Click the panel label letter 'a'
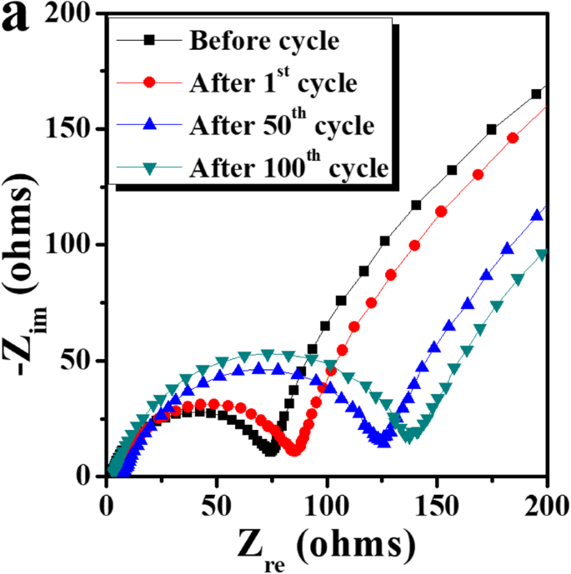click(x=18, y=19)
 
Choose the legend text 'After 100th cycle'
click(x=288, y=167)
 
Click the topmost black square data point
click(x=536, y=94)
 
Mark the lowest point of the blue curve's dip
click(x=383, y=441)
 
